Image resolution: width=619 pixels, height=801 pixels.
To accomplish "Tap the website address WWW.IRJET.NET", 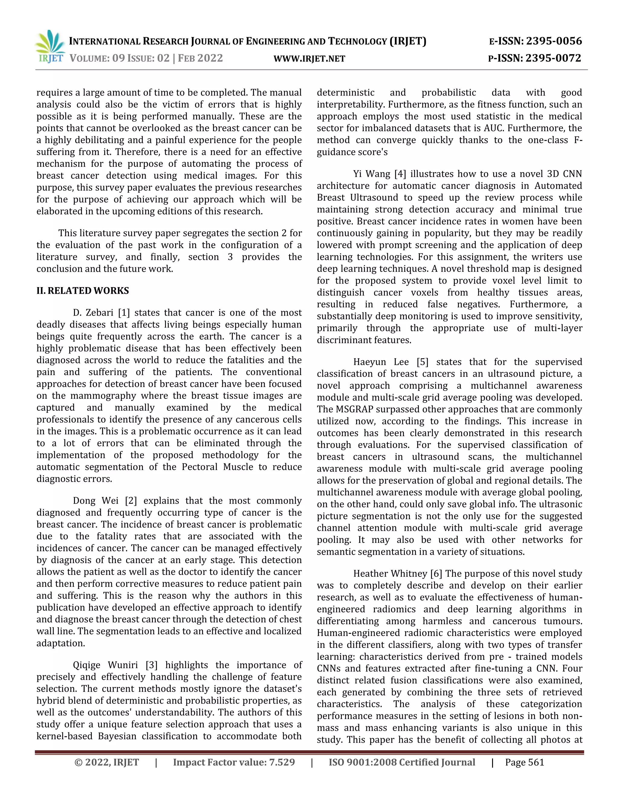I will [x=309, y=59].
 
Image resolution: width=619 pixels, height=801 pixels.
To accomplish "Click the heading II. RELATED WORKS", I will [x=83, y=291].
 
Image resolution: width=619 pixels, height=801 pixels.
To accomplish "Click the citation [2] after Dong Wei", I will [x=131, y=501].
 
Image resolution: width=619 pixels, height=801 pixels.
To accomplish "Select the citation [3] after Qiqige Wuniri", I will [x=151, y=665].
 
